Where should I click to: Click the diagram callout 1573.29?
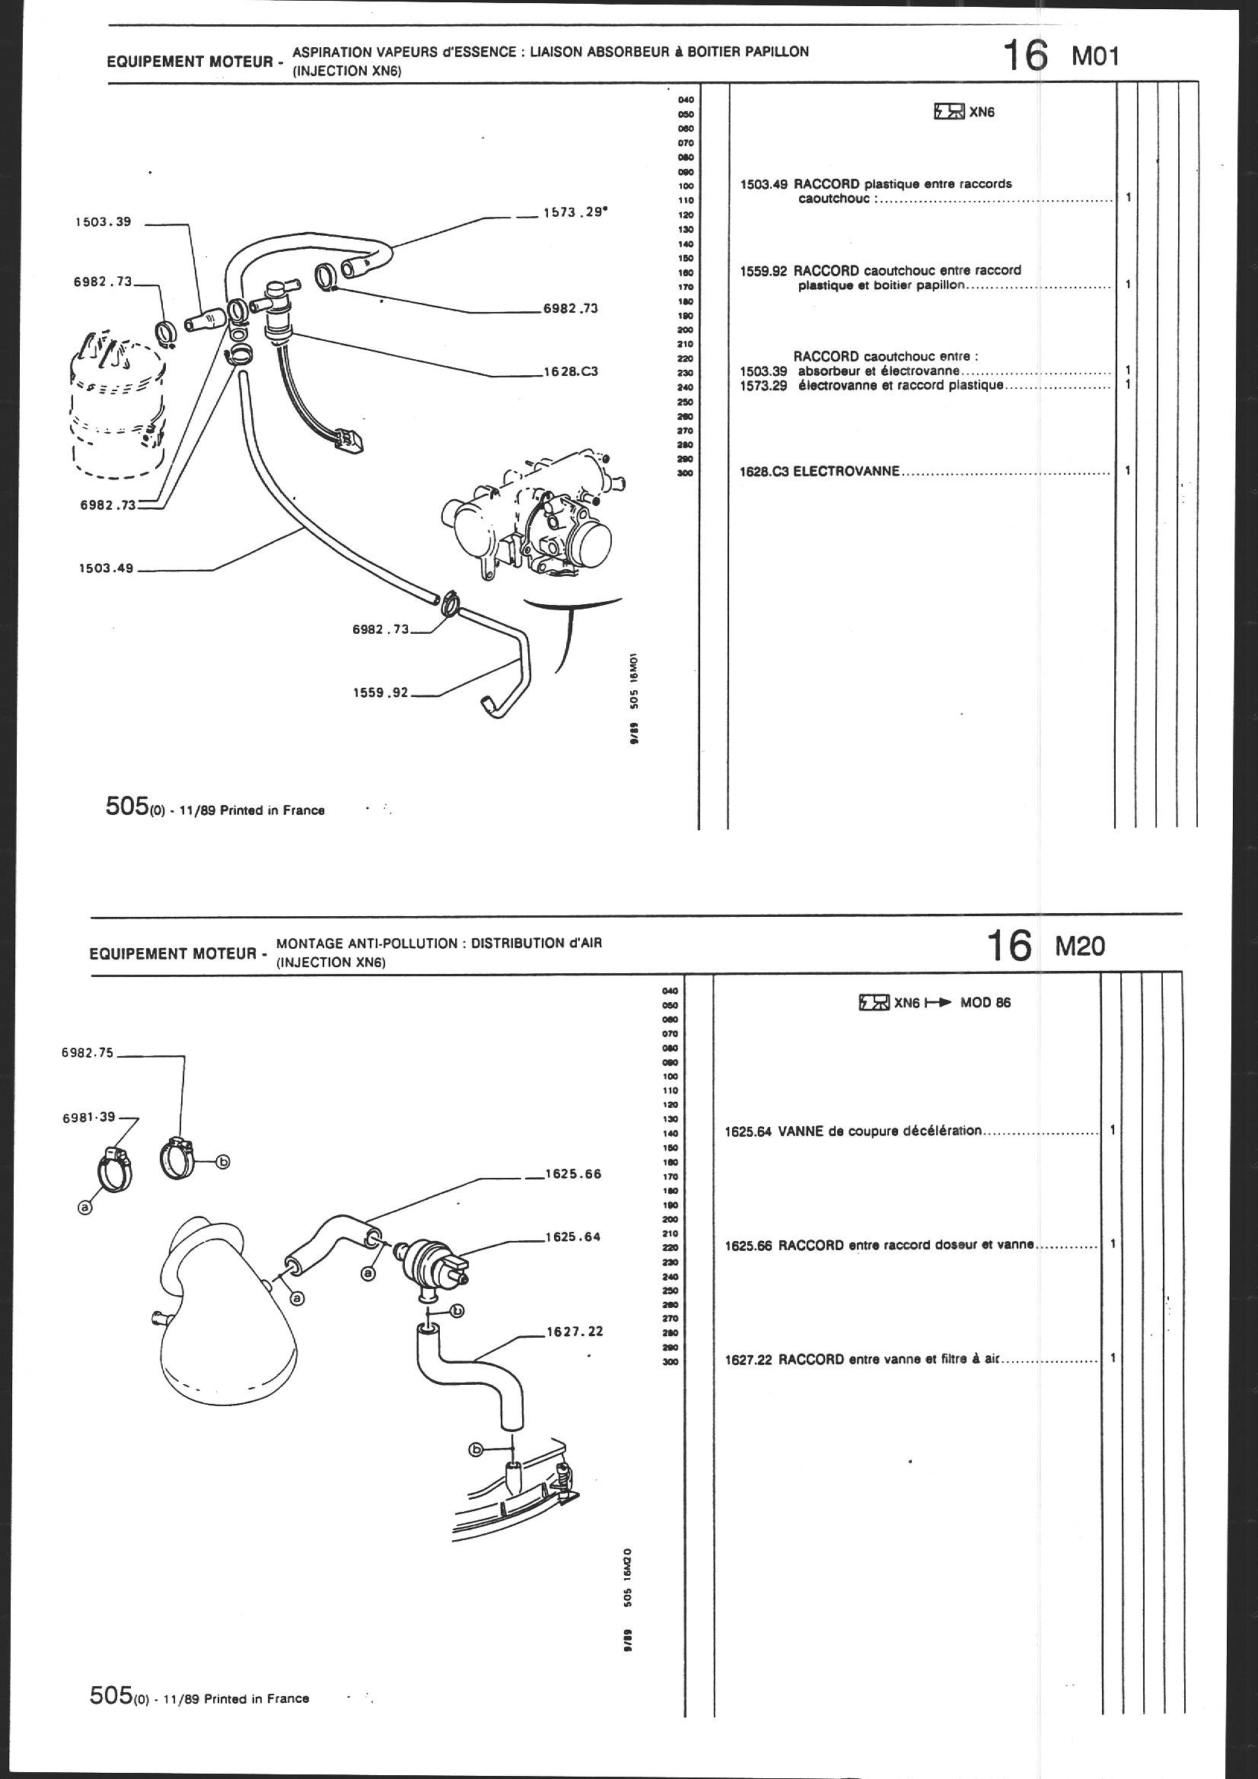tap(574, 212)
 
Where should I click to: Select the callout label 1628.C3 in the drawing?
tap(571, 371)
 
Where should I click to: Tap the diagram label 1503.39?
tap(103, 222)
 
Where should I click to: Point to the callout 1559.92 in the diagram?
tap(380, 692)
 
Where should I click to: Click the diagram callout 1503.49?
tap(107, 568)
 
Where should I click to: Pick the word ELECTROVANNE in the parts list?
tap(846, 470)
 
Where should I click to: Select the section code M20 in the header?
tap(1081, 946)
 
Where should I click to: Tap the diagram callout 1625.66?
tap(573, 1174)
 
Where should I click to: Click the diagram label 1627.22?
tap(573, 1331)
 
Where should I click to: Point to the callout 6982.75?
tap(88, 1053)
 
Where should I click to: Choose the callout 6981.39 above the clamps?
tap(88, 1116)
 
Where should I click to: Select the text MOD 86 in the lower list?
tap(985, 1003)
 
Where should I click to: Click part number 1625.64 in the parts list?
tap(748, 1131)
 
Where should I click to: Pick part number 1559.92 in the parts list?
tap(764, 270)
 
